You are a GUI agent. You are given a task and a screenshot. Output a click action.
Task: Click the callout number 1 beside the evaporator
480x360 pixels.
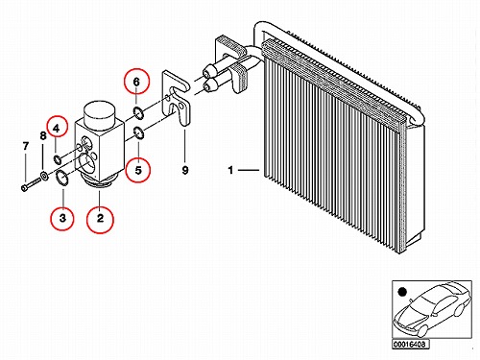pos(230,170)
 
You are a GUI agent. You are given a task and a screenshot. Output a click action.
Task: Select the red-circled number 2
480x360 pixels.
pos(100,218)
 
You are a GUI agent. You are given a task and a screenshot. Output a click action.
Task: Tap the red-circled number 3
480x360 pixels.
pos(62,218)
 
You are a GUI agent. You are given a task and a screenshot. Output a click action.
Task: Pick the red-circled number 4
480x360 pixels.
pos(57,129)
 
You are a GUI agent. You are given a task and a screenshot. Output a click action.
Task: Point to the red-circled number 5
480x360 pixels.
pos(138,170)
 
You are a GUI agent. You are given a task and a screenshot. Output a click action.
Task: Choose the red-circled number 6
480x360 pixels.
pos(136,82)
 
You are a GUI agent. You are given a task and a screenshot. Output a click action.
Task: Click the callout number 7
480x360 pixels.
pos(26,146)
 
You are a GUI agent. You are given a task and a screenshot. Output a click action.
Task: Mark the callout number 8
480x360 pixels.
pos(43,136)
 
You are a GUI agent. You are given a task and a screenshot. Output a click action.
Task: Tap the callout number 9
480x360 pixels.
pos(185,170)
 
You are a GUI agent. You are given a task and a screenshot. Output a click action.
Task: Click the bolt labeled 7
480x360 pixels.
pos(32,184)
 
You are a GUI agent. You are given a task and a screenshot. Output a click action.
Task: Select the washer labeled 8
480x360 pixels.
pos(44,176)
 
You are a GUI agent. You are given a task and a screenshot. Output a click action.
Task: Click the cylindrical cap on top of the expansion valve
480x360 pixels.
pos(99,115)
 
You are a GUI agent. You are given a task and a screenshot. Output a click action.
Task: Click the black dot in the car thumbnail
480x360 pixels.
pos(402,292)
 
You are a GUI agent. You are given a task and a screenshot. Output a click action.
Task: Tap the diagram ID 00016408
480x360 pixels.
pos(410,345)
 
